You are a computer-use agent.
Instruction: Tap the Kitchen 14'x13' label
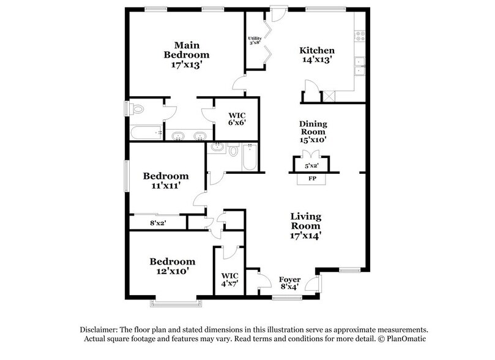point(316,55)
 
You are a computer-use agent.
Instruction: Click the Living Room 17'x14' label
point(306,225)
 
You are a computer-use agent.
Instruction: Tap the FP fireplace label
point(311,179)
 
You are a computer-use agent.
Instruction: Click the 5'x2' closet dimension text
point(312,165)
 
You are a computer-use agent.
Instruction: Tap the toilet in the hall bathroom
point(234,149)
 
